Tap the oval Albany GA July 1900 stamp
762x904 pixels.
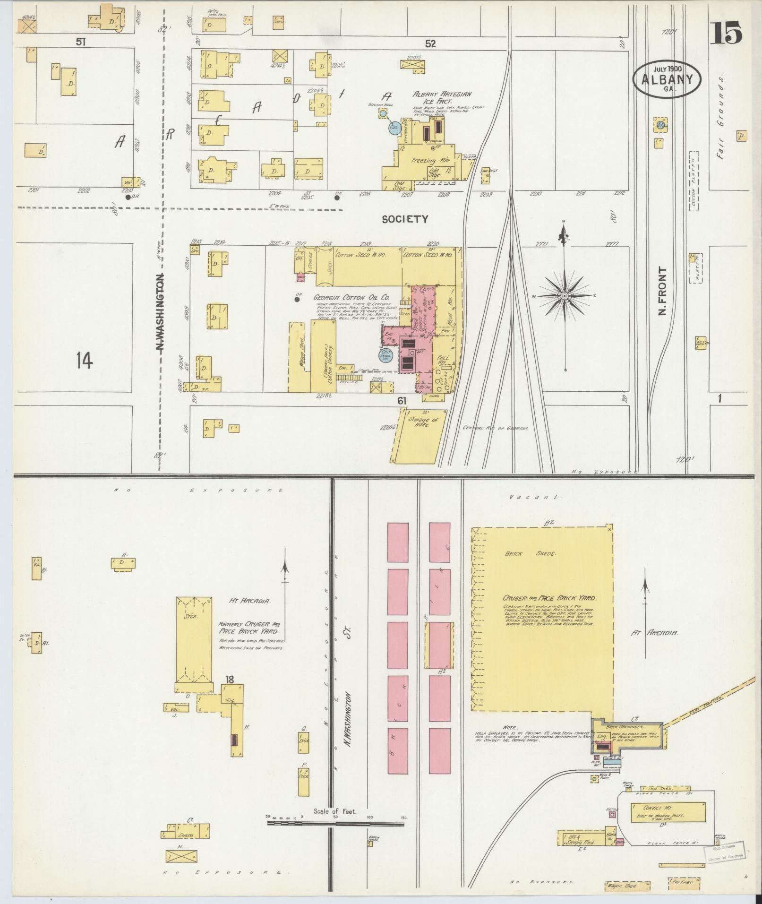667,79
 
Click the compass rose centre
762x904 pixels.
564,296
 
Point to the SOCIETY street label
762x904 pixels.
405,219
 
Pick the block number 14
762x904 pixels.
85,361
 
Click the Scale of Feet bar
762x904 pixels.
335,492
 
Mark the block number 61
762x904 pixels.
402,401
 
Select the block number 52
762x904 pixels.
430,43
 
